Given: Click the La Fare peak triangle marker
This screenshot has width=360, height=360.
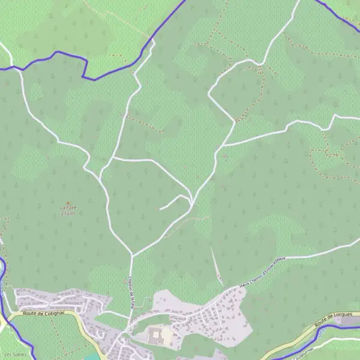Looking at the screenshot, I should (x=68, y=203).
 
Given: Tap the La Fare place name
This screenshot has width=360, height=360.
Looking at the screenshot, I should (x=68, y=208).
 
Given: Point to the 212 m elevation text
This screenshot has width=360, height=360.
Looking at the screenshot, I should (x=68, y=213).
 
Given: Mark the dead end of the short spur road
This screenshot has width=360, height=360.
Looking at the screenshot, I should (x=160, y=209).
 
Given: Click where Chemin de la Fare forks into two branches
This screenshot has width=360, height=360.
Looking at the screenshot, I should (x=132, y=255).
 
